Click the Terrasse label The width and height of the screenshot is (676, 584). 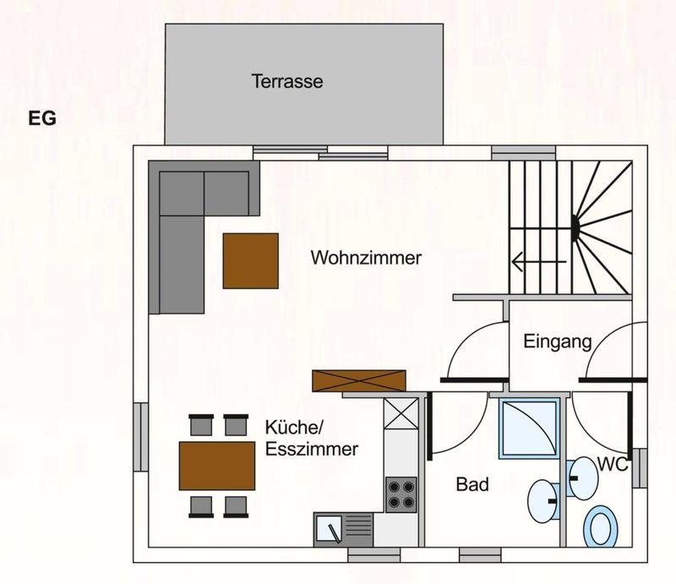[287, 81]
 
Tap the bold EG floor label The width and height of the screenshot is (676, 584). [42, 118]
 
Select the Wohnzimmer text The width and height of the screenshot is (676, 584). [366, 258]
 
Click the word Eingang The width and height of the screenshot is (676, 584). [558, 342]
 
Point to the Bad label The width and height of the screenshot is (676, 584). [472, 484]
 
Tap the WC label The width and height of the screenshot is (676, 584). [613, 465]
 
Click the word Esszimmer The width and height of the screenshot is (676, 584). [312, 450]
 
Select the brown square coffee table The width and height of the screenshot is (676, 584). [250, 261]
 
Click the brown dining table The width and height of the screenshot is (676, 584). [217, 466]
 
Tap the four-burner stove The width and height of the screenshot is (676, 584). [401, 494]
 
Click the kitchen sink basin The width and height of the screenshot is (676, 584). [330, 529]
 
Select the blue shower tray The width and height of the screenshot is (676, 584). [530, 428]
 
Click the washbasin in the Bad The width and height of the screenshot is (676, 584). [542, 500]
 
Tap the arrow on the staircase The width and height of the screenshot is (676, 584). [539, 261]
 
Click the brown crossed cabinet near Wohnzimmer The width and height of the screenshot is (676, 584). [359, 381]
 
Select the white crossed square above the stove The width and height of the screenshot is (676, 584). [401, 413]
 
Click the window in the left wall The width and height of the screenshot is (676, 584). [141, 437]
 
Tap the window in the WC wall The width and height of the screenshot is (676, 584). [640, 468]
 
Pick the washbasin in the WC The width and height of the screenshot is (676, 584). [583, 478]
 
